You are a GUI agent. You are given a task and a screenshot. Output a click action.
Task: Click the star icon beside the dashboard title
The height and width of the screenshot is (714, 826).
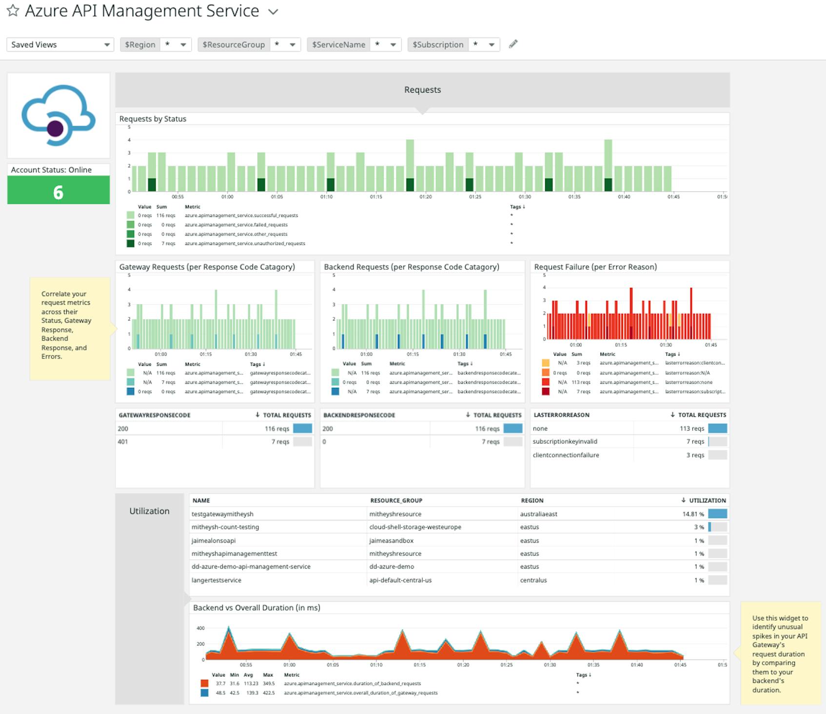tap(13, 11)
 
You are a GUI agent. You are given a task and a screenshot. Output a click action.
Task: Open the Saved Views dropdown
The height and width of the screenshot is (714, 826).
tap(59, 44)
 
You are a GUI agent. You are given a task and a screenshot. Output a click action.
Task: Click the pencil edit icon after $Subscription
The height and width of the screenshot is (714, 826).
tap(513, 44)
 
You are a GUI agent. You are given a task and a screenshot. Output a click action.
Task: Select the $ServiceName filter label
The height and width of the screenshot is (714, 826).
tap(338, 44)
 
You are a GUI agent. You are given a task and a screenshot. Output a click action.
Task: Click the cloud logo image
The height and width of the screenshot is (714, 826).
tap(59, 116)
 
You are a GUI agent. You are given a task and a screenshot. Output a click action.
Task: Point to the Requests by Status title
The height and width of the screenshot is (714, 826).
tap(153, 119)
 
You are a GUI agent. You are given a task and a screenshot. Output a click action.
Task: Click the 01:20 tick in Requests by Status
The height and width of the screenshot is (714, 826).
tap(425, 197)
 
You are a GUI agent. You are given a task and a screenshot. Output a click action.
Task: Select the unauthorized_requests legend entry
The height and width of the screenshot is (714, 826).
tap(244, 243)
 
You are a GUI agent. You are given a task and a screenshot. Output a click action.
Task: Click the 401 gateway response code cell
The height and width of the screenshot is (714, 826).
tap(123, 441)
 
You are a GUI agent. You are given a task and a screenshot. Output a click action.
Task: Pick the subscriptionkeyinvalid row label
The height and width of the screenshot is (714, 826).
tap(565, 441)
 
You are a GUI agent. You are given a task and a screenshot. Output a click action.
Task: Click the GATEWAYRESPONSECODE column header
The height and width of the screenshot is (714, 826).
tap(155, 415)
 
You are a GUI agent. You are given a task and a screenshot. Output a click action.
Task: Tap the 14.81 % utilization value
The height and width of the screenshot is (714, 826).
tap(693, 514)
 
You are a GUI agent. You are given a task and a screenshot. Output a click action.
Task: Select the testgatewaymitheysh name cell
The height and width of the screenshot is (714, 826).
tap(222, 514)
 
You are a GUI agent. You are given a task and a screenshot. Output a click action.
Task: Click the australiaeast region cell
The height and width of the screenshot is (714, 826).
tap(538, 514)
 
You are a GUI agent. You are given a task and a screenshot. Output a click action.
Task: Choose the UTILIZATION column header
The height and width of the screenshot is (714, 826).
tap(707, 500)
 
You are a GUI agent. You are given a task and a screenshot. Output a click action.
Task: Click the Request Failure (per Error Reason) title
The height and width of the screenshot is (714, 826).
tap(595, 267)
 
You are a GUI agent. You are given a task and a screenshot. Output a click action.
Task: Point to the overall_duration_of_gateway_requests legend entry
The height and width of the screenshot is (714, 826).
tap(360, 693)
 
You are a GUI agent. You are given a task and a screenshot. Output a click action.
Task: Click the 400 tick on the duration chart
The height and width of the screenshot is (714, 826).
tap(200, 628)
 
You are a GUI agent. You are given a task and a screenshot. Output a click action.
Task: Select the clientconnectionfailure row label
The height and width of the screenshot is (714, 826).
tap(566, 455)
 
